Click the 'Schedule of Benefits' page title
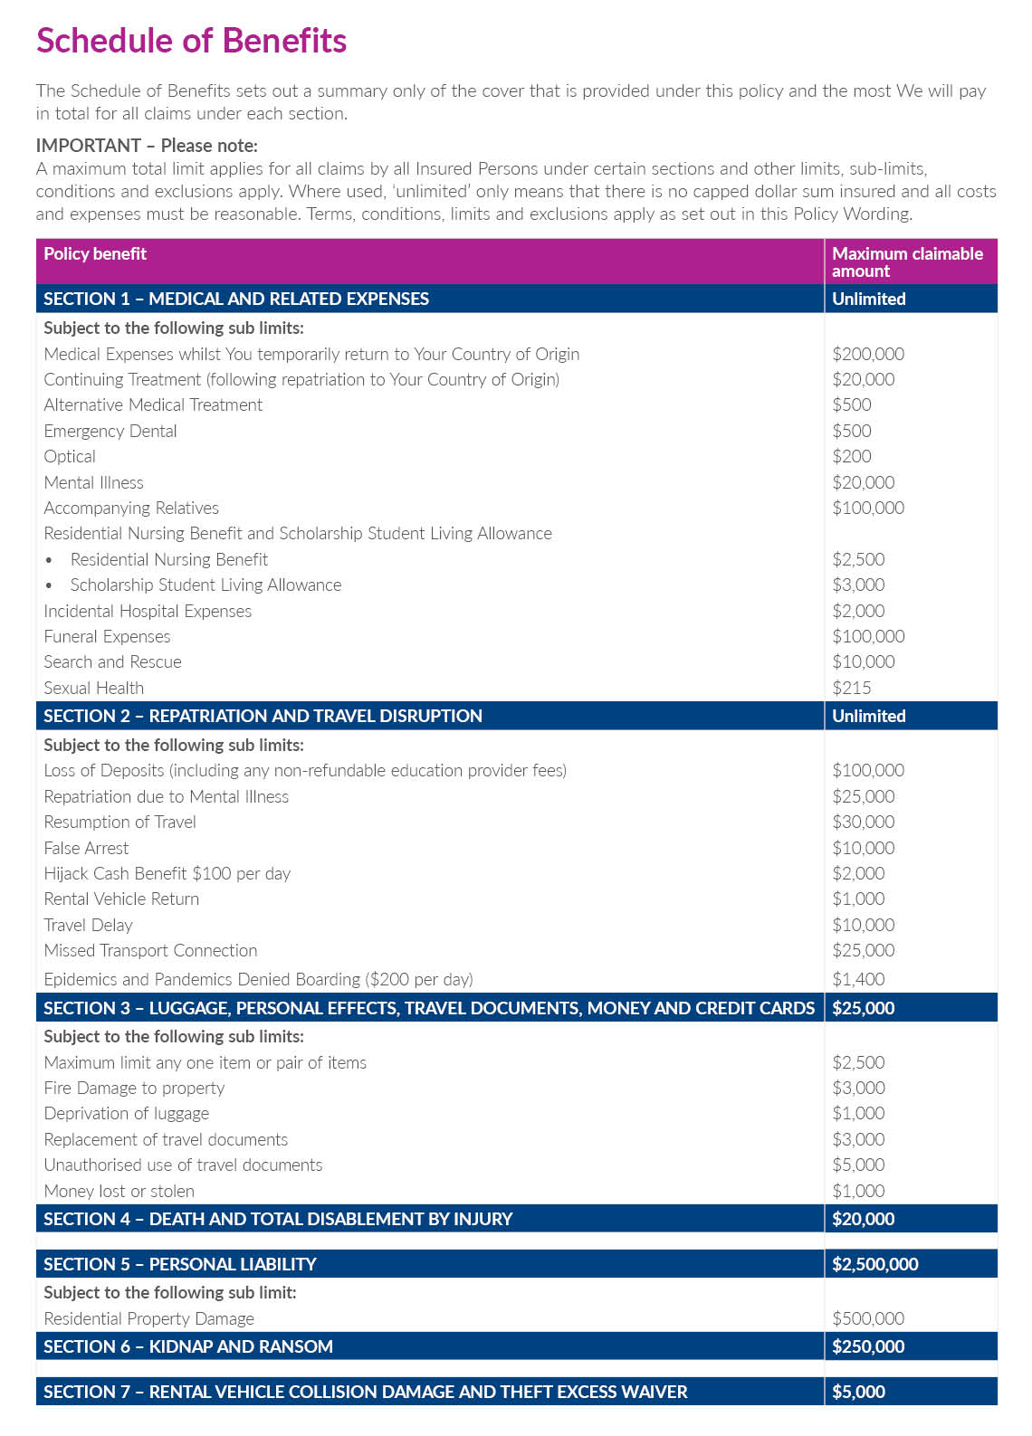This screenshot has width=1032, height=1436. click(191, 41)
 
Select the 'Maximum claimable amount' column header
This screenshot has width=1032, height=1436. click(906, 262)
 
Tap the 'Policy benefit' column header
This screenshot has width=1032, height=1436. click(95, 253)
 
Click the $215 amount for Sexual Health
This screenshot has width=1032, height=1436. click(851, 688)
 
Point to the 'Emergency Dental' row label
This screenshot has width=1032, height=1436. click(110, 431)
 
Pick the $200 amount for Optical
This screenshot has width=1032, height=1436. click(851, 456)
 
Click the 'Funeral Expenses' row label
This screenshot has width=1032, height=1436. click(107, 636)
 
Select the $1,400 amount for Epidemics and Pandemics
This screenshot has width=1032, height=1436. click(858, 978)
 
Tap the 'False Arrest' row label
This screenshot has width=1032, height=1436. click(86, 848)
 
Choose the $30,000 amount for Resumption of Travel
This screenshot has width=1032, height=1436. click(863, 822)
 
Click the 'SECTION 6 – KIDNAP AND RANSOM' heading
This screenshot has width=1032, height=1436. click(188, 1346)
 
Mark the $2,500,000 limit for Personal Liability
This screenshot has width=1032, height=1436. click(874, 1263)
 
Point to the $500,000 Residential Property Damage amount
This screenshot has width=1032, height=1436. click(868, 1318)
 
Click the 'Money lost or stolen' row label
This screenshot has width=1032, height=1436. click(119, 1191)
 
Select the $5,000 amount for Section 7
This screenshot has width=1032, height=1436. click(858, 1391)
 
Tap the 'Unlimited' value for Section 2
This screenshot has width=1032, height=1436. click(868, 715)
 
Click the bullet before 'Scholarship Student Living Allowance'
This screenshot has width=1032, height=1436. click(49, 585)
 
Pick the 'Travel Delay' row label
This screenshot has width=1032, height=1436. click(88, 925)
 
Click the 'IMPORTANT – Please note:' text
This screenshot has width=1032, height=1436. click(147, 145)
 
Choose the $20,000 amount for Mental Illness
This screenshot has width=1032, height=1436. click(863, 482)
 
